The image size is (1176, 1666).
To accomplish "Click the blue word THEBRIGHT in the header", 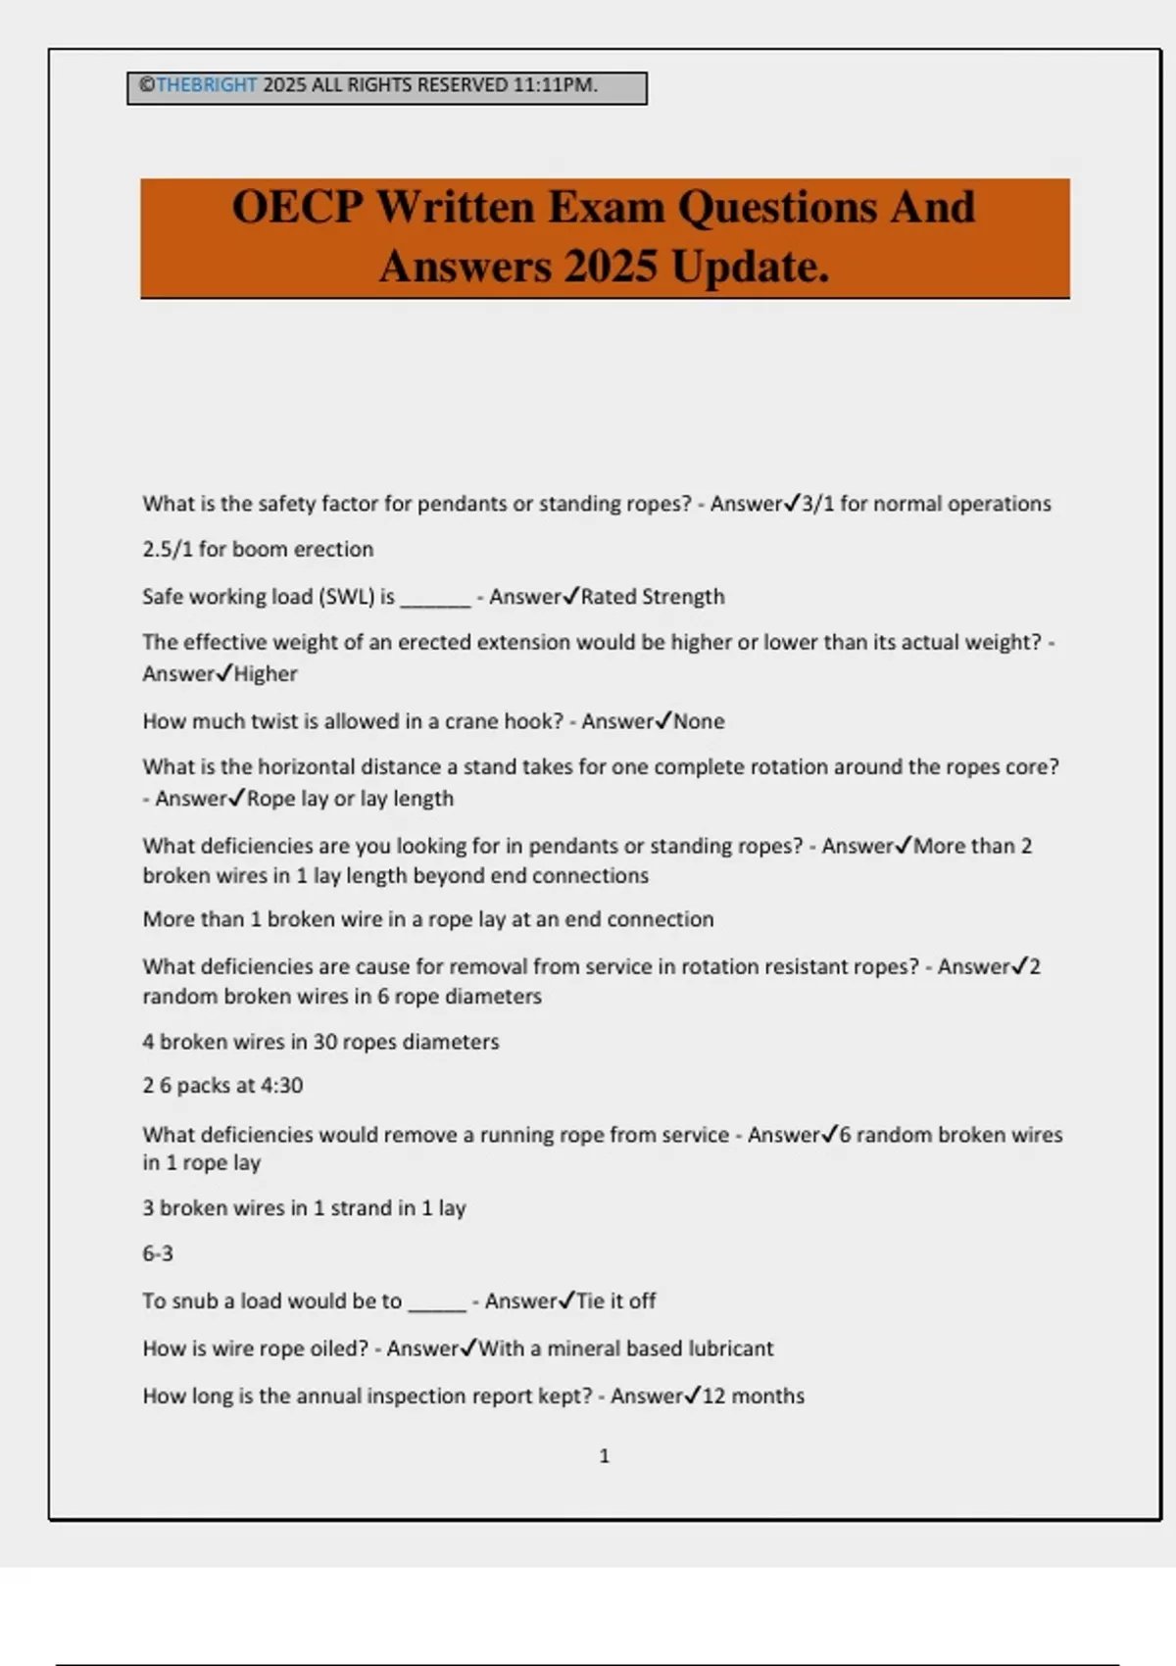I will point(206,85).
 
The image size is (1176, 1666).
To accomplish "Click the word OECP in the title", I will point(298,208).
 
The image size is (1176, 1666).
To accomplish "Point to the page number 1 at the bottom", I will point(604,1456).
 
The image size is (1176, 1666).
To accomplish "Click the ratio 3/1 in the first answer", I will point(817,504).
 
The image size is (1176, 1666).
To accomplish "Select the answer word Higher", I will point(266,674).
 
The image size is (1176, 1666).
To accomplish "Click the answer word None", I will point(699,721).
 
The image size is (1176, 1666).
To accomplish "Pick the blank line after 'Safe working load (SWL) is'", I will point(436,599).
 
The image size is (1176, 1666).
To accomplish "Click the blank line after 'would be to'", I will point(437,1303).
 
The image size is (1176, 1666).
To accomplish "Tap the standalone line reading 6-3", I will point(158,1253).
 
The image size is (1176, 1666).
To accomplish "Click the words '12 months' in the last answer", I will point(754,1396).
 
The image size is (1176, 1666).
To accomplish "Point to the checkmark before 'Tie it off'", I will point(566,1300).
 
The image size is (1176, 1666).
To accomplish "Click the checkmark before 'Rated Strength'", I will point(571,596).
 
